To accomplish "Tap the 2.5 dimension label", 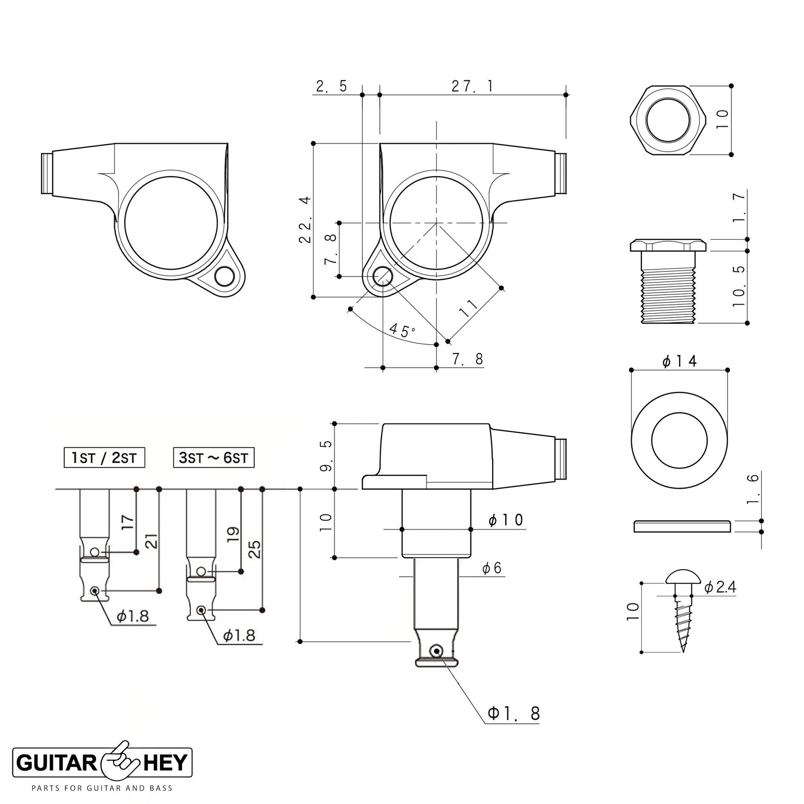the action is tap(331, 87).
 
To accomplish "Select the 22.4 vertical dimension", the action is tap(305, 219).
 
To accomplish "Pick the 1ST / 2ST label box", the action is tap(105, 458).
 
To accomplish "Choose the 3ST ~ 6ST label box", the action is tap(214, 458).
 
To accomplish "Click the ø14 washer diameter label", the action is tap(679, 361).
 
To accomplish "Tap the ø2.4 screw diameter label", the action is tap(721, 587).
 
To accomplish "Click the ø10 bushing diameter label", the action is tap(506, 520).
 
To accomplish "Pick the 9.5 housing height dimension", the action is tap(326, 456).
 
